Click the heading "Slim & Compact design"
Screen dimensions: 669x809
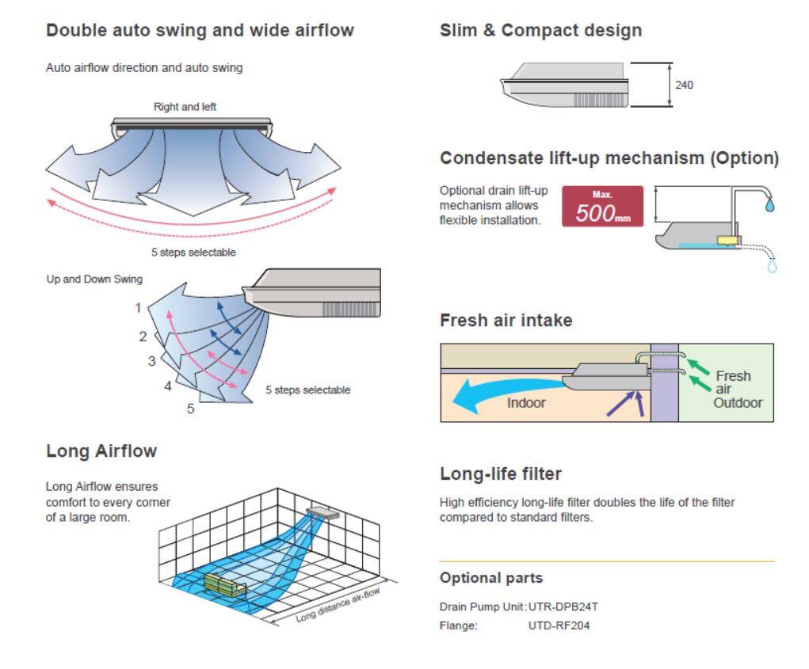[x=540, y=31]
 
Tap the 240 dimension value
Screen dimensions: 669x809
[x=684, y=85]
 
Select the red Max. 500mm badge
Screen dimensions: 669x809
[x=602, y=207]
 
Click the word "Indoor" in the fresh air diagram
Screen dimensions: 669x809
[x=526, y=402]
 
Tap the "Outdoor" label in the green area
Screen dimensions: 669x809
[x=738, y=402]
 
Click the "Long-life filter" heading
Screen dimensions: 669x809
[x=501, y=473]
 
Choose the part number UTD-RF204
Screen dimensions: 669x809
[x=559, y=625]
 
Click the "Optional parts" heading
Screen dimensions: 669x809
[x=491, y=578]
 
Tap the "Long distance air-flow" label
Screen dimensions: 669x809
[x=338, y=606]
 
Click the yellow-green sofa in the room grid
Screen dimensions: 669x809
[x=224, y=584]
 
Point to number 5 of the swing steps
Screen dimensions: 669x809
[x=190, y=409]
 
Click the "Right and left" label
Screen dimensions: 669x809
[x=185, y=106]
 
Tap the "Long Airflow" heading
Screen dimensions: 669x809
[x=101, y=451]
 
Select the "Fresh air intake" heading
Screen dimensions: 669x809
[x=506, y=321]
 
